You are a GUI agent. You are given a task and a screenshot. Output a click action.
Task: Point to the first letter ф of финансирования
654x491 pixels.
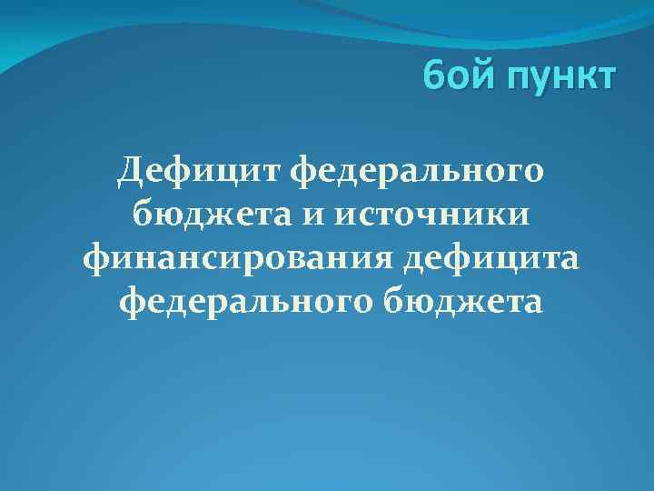pyautogui.click(x=95, y=259)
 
